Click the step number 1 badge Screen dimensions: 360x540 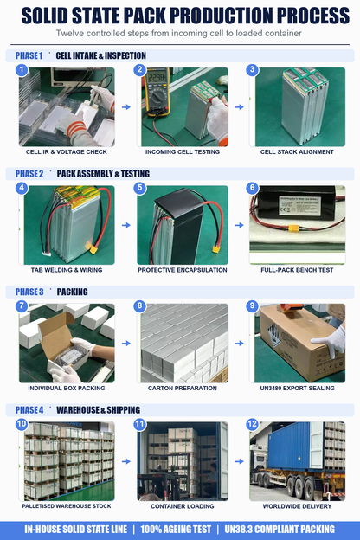click(x=22, y=70)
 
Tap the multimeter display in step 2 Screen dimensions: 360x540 click(x=157, y=78)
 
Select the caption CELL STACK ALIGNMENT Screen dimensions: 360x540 click(x=297, y=152)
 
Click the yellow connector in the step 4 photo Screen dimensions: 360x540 click(x=93, y=249)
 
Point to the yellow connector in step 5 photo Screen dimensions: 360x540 click(x=216, y=249)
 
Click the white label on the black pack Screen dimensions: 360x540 click(x=299, y=206)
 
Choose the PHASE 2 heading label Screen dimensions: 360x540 click(x=29, y=174)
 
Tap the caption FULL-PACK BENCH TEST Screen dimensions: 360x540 click(x=297, y=270)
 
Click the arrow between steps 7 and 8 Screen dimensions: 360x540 click(x=126, y=344)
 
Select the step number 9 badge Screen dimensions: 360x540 click(x=252, y=305)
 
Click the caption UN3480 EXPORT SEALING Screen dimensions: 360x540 click(x=297, y=388)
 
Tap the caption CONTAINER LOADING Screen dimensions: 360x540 click(x=183, y=506)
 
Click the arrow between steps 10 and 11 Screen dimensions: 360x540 click(x=126, y=461)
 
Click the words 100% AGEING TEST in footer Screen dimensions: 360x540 click(x=176, y=530)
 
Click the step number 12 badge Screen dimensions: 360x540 click(x=252, y=424)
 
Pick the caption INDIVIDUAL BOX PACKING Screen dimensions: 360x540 click(x=67, y=388)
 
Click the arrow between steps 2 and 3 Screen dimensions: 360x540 click(x=240, y=107)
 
